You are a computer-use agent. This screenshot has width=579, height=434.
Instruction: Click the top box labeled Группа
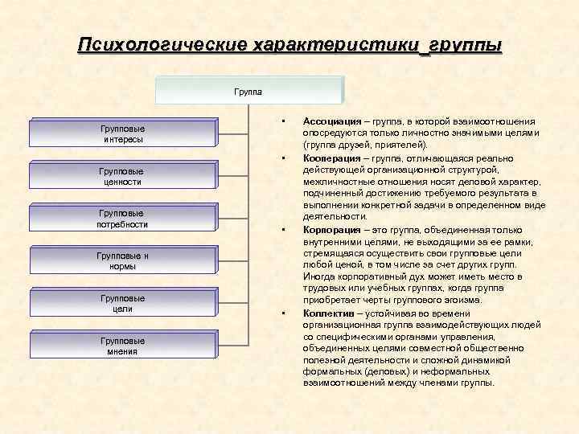point(249,91)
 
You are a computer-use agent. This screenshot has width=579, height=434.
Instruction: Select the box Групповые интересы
point(123,134)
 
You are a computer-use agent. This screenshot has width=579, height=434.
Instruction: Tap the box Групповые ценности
point(123,177)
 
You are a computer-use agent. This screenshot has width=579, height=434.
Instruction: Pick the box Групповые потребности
point(123,219)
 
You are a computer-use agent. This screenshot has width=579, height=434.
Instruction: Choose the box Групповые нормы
point(123,261)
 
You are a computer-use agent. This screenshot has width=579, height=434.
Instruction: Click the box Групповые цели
point(123,304)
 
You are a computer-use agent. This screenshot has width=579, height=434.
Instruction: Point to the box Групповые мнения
point(123,346)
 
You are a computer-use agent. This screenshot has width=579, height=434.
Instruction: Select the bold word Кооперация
point(332,158)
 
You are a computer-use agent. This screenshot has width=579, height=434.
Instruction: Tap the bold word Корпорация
point(332,229)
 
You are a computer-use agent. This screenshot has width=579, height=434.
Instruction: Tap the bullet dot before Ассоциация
point(285,121)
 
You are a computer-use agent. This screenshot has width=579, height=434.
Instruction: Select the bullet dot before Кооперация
point(285,158)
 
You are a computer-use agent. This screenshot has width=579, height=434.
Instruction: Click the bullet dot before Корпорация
point(285,229)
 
